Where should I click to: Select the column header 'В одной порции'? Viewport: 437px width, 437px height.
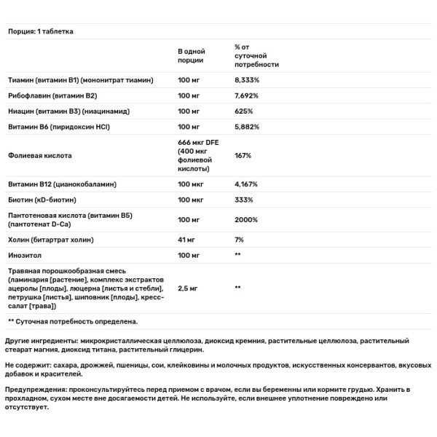tap(191, 55)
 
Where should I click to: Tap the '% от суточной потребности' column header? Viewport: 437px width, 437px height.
tap(252, 55)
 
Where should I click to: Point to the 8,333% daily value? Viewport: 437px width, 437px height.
tap(247, 80)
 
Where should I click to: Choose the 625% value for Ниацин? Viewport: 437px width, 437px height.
tap(243, 111)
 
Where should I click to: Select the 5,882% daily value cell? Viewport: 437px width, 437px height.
tap(247, 127)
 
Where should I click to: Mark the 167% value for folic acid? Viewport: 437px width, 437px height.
tap(243, 155)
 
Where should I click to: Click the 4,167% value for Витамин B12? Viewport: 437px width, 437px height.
tap(246, 184)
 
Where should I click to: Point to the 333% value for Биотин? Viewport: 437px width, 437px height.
tap(243, 200)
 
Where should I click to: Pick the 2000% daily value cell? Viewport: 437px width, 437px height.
tap(246, 220)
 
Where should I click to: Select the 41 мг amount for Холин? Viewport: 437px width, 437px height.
tap(188, 240)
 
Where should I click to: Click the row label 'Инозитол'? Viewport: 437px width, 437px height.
tap(25, 255)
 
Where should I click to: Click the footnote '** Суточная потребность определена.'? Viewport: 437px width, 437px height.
tap(72, 320)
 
